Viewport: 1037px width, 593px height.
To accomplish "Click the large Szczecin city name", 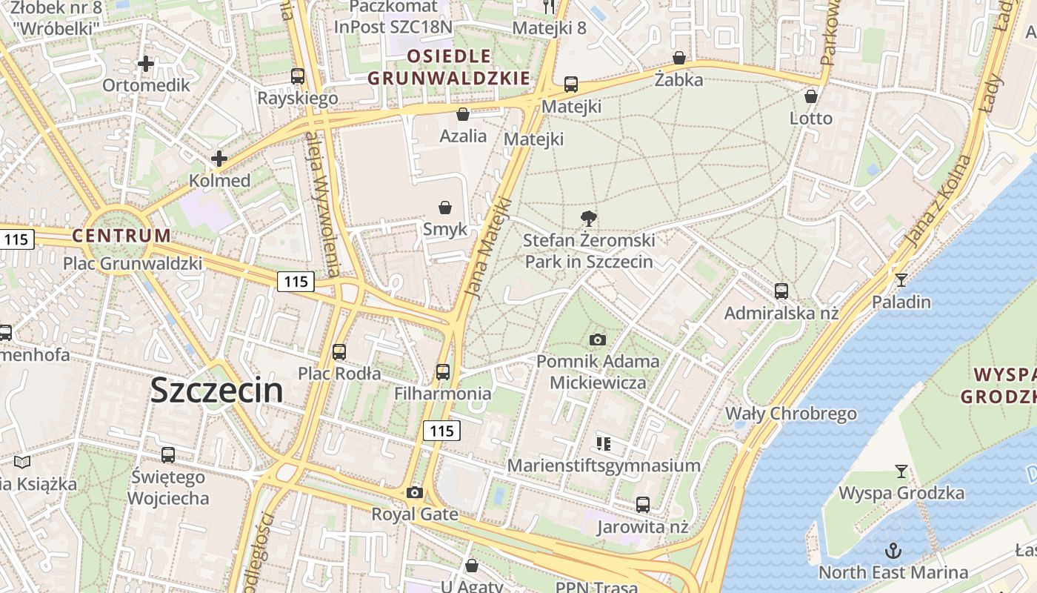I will pyautogui.click(x=216, y=391).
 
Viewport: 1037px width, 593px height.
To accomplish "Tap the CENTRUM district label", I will pyautogui.click(x=121, y=236).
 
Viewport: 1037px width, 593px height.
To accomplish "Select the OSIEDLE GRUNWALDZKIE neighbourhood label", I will pyautogui.click(x=449, y=67).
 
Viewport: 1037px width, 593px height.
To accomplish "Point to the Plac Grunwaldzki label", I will pyautogui.click(x=133, y=263).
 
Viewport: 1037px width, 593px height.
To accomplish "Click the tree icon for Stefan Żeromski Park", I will pyautogui.click(x=589, y=218).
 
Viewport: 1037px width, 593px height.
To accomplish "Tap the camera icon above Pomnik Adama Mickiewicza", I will pyautogui.click(x=598, y=339).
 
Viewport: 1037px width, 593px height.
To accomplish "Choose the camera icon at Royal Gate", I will pyautogui.click(x=415, y=492).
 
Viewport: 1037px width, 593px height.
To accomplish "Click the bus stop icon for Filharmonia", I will pyautogui.click(x=443, y=371).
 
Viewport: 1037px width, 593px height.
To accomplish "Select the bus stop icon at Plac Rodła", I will pyautogui.click(x=339, y=351).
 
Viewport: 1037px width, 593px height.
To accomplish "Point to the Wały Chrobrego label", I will pyautogui.click(x=790, y=413).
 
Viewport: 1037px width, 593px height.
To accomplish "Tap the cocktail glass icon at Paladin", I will pyautogui.click(x=901, y=279).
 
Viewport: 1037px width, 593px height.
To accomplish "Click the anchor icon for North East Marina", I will pyautogui.click(x=893, y=550).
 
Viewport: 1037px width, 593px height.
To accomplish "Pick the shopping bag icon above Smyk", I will pyautogui.click(x=445, y=207).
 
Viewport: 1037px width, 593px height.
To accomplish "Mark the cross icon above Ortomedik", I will pyautogui.click(x=146, y=64).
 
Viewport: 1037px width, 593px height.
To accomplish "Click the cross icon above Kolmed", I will pyautogui.click(x=219, y=158).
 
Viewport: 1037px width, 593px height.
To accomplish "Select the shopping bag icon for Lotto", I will pyautogui.click(x=811, y=96).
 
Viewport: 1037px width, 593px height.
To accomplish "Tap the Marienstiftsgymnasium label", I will pyautogui.click(x=604, y=466).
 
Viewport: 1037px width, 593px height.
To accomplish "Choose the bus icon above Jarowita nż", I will pyautogui.click(x=643, y=505).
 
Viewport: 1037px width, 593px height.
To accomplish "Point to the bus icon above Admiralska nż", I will pyautogui.click(x=781, y=291).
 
